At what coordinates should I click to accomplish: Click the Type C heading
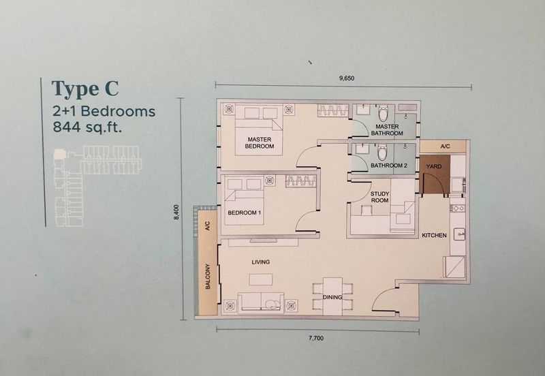(85, 89)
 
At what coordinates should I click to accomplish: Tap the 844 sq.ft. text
(87, 127)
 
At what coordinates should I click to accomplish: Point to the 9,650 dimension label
(347, 78)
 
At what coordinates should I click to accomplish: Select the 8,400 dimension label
(176, 212)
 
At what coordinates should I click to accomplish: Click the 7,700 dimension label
(316, 338)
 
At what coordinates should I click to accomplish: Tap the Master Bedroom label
(260, 143)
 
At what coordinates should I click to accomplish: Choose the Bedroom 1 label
(244, 213)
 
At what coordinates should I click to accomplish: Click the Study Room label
(379, 197)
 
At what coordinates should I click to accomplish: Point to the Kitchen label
(434, 235)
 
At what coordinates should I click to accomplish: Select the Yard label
(434, 166)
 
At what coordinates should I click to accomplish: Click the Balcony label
(208, 277)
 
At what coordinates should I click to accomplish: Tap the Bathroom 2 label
(388, 166)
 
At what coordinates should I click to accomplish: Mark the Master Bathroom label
(387, 130)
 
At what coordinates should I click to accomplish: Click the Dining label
(332, 297)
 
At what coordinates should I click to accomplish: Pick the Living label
(261, 262)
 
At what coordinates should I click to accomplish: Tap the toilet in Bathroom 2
(383, 152)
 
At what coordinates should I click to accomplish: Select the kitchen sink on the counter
(458, 234)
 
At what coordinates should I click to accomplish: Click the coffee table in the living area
(261, 279)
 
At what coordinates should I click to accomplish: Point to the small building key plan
(98, 186)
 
